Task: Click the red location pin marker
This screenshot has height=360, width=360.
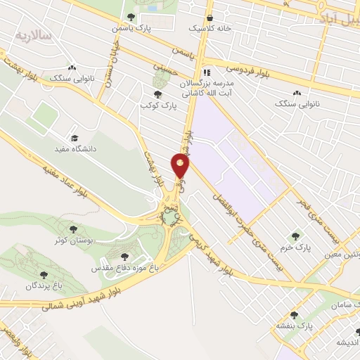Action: (181, 167)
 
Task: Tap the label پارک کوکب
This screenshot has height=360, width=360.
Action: (157, 105)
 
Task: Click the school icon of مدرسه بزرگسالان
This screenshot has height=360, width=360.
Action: (207, 72)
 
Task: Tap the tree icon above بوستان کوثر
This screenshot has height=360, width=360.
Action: (71, 229)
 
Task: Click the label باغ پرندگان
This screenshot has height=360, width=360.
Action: (45, 286)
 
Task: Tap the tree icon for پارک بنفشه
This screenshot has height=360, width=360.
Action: (294, 316)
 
